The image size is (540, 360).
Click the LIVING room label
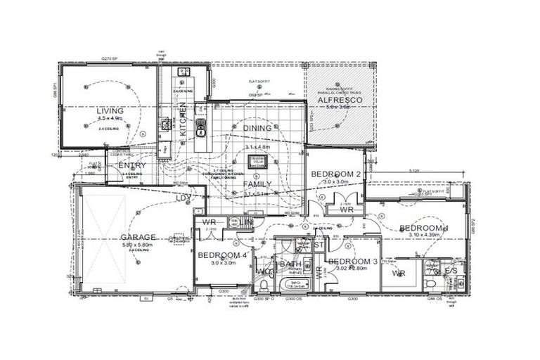(x=110, y=111)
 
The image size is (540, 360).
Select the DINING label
(x=257, y=128)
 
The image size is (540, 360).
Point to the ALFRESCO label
(x=335, y=101)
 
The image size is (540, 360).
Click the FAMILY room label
(x=258, y=184)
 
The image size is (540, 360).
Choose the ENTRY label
(x=132, y=165)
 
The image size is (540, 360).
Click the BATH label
(x=291, y=264)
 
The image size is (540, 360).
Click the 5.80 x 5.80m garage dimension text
(x=136, y=245)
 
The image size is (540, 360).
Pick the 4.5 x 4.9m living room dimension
(x=110, y=119)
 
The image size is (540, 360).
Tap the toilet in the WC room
(x=263, y=284)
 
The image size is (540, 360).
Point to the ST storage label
(x=319, y=245)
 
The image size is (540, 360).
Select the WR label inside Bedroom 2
(x=346, y=210)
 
